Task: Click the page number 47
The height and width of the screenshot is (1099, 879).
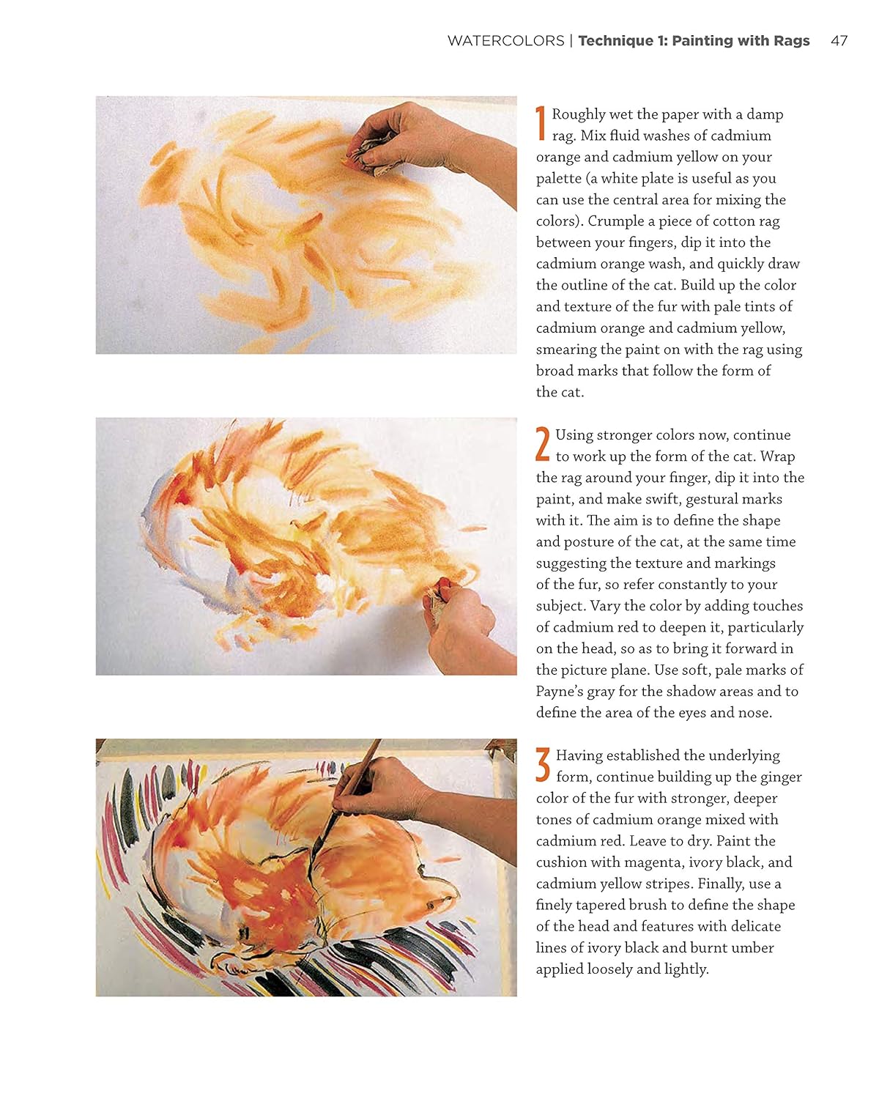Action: tap(839, 41)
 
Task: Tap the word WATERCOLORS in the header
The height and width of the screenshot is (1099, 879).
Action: tap(505, 41)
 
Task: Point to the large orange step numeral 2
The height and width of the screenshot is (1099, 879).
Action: tap(542, 443)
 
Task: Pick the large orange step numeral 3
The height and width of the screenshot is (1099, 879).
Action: tap(543, 764)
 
